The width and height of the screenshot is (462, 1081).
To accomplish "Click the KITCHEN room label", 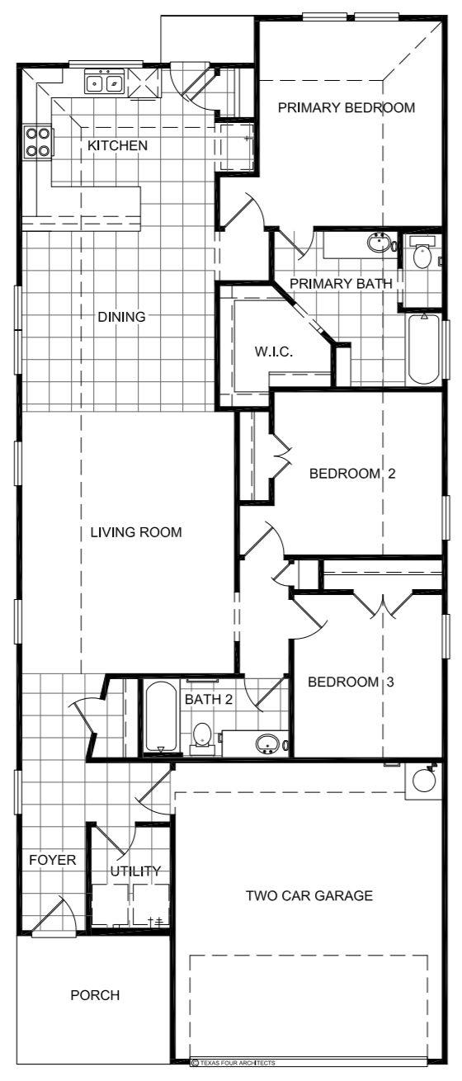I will pyautogui.click(x=118, y=146).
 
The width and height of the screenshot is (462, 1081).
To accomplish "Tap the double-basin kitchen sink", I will pyautogui.click(x=105, y=83).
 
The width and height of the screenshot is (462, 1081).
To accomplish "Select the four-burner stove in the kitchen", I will pyautogui.click(x=37, y=141).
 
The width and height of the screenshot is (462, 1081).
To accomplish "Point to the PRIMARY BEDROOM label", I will pyautogui.click(x=346, y=107).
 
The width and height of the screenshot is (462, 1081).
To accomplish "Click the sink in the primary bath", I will pyautogui.click(x=378, y=243).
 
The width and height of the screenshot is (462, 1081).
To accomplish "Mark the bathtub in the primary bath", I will pyautogui.click(x=424, y=348).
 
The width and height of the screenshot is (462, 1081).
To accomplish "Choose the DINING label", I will pyautogui.click(x=122, y=316).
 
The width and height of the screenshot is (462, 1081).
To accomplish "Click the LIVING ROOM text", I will pyautogui.click(x=136, y=531).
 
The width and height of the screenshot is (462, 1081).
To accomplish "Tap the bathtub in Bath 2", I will pyautogui.click(x=160, y=716).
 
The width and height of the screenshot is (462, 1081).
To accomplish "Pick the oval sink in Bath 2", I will pyautogui.click(x=266, y=743).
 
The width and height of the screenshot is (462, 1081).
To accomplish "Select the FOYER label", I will pyautogui.click(x=52, y=860).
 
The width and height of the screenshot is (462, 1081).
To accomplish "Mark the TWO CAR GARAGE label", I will pyautogui.click(x=309, y=895).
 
